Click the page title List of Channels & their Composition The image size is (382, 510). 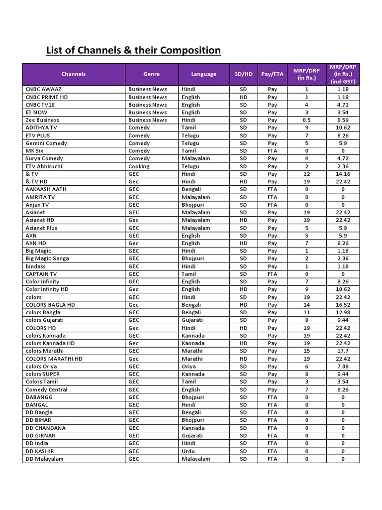click(x=133, y=50)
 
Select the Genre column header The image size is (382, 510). click(x=151, y=74)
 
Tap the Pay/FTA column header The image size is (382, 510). click(x=272, y=74)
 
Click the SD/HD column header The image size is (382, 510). click(x=243, y=74)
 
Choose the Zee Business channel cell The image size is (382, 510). click(x=42, y=120)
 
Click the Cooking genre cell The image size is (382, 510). click(x=139, y=166)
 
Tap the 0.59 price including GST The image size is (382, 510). click(x=343, y=120)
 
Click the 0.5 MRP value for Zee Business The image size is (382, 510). click(x=306, y=120)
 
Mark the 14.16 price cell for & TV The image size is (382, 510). click(x=343, y=174)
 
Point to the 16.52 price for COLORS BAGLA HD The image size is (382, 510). click(x=343, y=305)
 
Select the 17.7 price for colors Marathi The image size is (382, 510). click(x=343, y=351)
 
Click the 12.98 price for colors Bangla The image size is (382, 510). click(x=343, y=312)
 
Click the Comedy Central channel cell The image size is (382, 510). click(x=47, y=389)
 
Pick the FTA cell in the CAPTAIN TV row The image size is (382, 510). click(x=272, y=274)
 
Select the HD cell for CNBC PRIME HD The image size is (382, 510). click(x=243, y=97)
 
